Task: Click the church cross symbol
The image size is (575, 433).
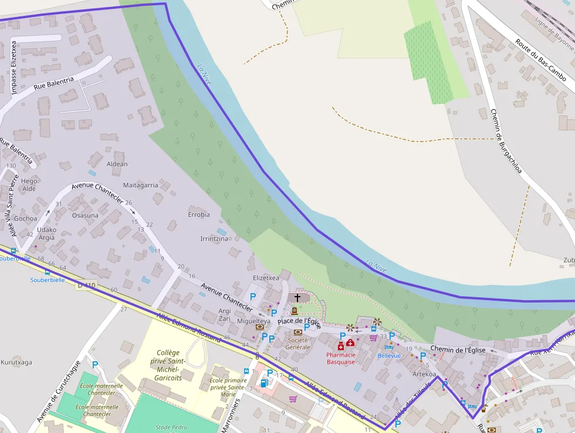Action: (x=297, y=297)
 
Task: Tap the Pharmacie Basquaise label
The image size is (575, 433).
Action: (x=341, y=358)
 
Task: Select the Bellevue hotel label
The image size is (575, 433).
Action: (x=389, y=355)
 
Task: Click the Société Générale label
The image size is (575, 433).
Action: (x=297, y=343)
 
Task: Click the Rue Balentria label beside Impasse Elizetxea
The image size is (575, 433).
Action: (x=54, y=84)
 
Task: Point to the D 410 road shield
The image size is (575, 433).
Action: (x=86, y=286)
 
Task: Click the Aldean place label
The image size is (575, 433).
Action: (x=117, y=164)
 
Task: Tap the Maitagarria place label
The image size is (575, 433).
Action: (x=141, y=185)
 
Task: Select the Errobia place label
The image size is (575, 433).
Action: (x=199, y=214)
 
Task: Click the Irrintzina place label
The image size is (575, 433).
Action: (x=214, y=239)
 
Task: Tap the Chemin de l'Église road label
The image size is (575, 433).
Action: (x=458, y=350)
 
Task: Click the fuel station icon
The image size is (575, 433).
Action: (x=264, y=384)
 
